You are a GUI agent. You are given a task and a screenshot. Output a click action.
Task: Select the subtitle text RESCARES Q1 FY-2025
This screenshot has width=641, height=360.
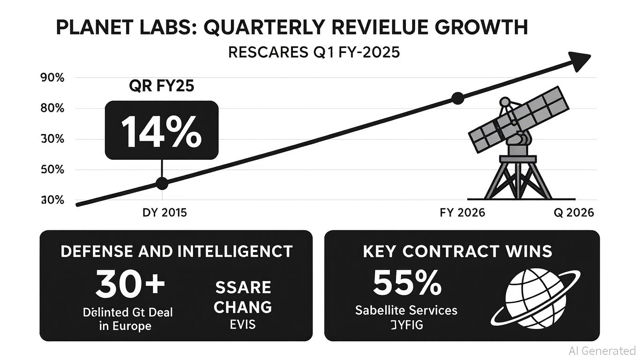(x=313, y=52)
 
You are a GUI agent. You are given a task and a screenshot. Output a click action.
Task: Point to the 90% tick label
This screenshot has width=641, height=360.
(x=52, y=78)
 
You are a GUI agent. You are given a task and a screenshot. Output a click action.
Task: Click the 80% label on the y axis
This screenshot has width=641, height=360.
(x=52, y=108)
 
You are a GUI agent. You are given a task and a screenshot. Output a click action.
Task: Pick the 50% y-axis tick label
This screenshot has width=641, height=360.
(x=52, y=170)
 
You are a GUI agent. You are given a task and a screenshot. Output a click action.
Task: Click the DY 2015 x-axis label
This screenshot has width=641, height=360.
(x=164, y=213)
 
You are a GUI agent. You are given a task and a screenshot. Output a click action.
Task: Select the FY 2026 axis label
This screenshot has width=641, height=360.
(x=462, y=213)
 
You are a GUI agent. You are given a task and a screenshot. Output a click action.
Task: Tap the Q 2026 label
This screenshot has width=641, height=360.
(x=574, y=213)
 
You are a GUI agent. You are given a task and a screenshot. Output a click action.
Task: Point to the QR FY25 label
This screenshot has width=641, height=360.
(x=161, y=87)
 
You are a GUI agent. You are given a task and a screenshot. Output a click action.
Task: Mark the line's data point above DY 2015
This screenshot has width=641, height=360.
(x=162, y=183)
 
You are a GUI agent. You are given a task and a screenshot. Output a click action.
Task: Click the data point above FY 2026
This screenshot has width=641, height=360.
(x=458, y=98)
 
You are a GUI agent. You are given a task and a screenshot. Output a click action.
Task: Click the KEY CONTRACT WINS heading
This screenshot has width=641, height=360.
(x=457, y=251)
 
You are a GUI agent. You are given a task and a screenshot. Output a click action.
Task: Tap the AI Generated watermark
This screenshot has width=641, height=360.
(x=602, y=351)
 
